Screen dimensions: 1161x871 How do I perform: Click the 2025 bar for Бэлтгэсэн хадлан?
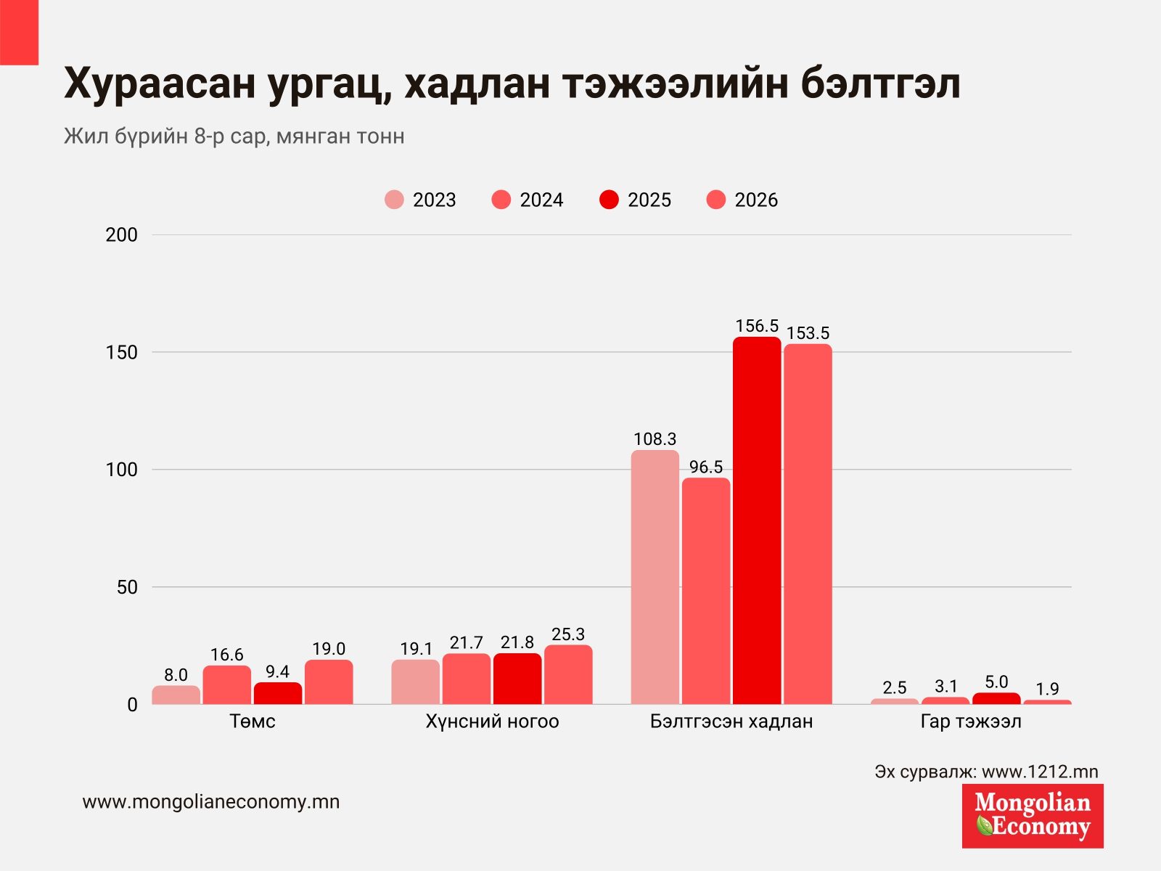[756, 520]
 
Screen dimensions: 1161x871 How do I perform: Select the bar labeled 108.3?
[655, 577]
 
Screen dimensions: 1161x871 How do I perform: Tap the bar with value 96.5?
[705, 592]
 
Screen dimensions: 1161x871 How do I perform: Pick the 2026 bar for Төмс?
[329, 682]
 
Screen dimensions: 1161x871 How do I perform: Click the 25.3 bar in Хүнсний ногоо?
[568, 675]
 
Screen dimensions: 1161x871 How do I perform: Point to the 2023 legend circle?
[394, 200]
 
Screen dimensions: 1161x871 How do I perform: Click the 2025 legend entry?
[635, 200]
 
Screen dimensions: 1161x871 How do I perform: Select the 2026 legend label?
[756, 200]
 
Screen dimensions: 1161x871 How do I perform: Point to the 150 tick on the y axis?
[122, 352]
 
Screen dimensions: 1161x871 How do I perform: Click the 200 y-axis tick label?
[122, 234]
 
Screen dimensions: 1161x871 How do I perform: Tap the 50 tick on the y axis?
[128, 587]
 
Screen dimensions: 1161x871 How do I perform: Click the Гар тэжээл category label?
[971, 721]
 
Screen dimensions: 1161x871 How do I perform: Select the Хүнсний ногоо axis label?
[492, 721]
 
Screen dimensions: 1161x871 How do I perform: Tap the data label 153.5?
[808, 333]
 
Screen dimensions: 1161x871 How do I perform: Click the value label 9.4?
[278, 671]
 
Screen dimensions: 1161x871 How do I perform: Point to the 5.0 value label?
[996, 682]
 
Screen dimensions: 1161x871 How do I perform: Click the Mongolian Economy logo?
[1033, 816]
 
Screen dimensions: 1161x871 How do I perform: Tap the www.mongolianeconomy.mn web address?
[211, 802]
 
